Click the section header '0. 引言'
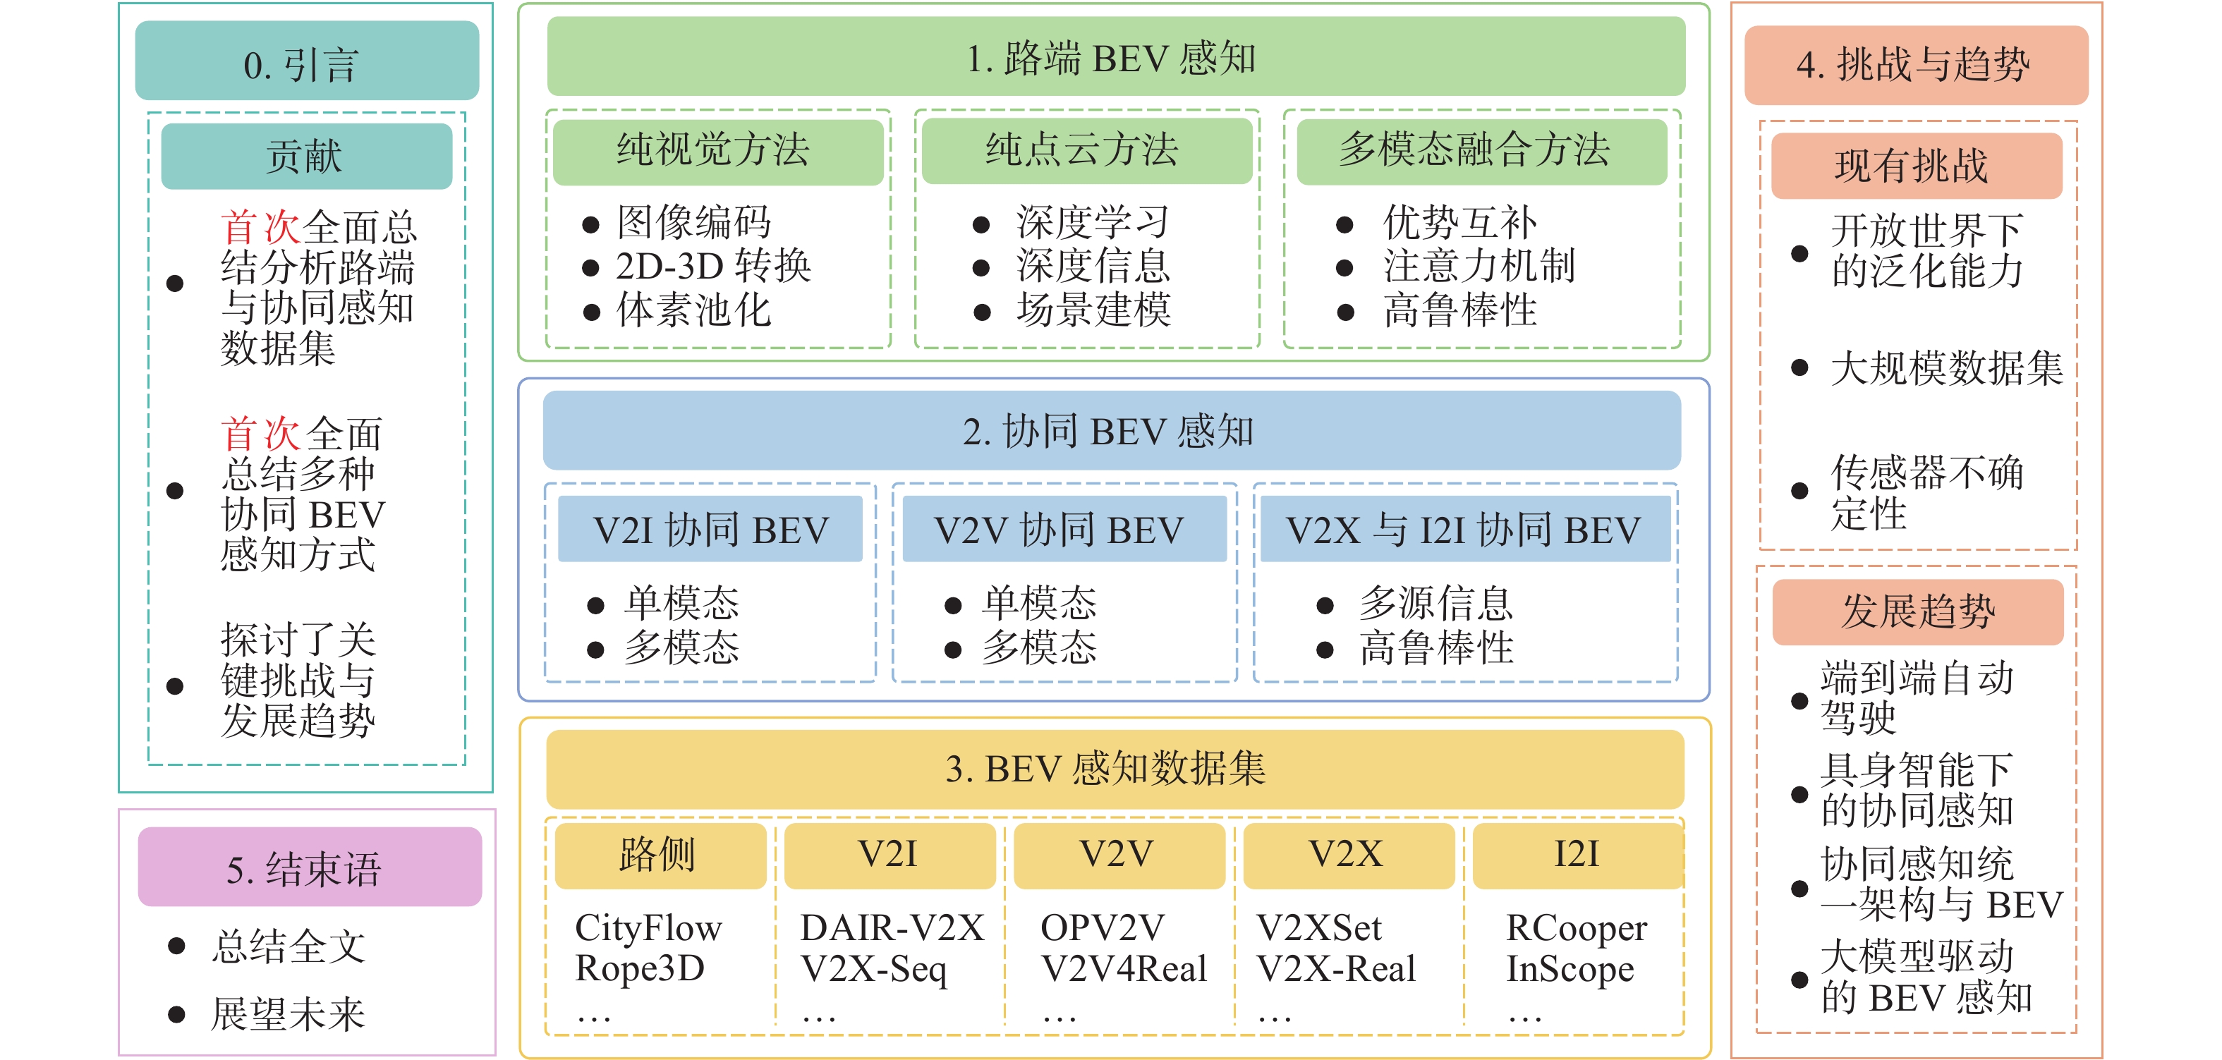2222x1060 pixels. (x=306, y=62)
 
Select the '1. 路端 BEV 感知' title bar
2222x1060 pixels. (x=1115, y=58)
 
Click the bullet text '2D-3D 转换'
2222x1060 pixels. (x=713, y=267)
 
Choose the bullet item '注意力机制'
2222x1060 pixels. (x=1479, y=267)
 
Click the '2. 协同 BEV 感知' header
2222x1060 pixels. (x=1111, y=430)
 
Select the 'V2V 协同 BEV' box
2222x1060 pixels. (x=1063, y=530)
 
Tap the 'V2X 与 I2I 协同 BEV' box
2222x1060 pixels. (x=1464, y=530)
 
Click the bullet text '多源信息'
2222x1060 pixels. (x=1435, y=603)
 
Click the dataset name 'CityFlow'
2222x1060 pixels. (x=648, y=928)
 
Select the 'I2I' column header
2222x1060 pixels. (x=1577, y=855)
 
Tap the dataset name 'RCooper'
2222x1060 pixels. (x=1576, y=928)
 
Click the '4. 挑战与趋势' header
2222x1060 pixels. (x=1915, y=65)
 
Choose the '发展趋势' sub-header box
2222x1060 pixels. (x=1917, y=611)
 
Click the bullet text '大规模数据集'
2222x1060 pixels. (x=1946, y=368)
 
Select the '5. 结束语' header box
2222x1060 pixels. (x=309, y=867)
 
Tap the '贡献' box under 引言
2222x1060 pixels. (x=306, y=156)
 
